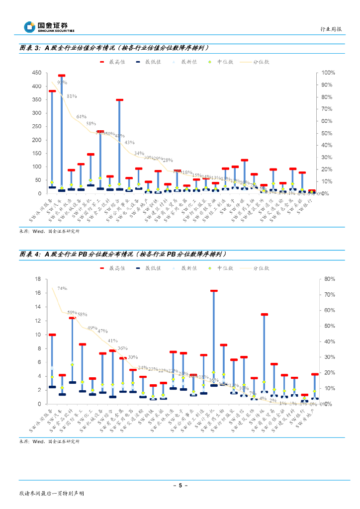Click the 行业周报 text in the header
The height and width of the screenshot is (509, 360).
331,29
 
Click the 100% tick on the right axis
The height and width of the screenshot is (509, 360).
329,73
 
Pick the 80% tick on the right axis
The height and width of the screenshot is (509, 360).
329,279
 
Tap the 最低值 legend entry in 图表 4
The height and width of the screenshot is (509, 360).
149,268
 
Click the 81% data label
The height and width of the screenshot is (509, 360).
72,96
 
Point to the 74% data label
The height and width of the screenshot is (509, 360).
62,288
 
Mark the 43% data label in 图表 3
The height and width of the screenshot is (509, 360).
129,142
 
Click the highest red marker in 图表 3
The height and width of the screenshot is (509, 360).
62,76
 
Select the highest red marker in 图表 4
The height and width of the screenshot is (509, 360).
214,291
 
